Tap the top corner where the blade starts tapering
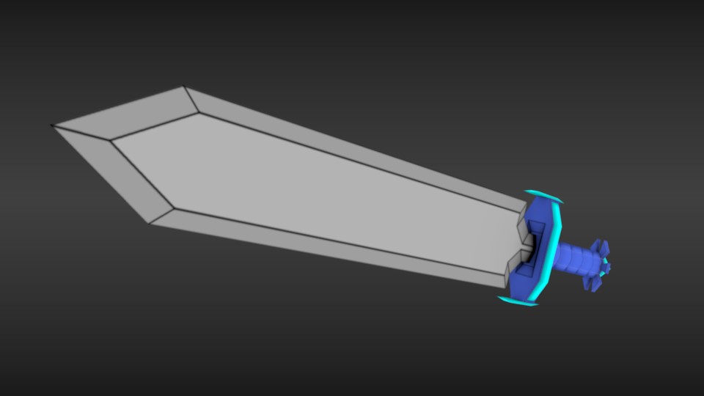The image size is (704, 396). click(184, 87)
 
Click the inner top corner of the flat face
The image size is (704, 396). click(199, 113)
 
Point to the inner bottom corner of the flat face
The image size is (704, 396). click(174, 208)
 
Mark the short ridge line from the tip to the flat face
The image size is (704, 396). click(81, 132)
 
